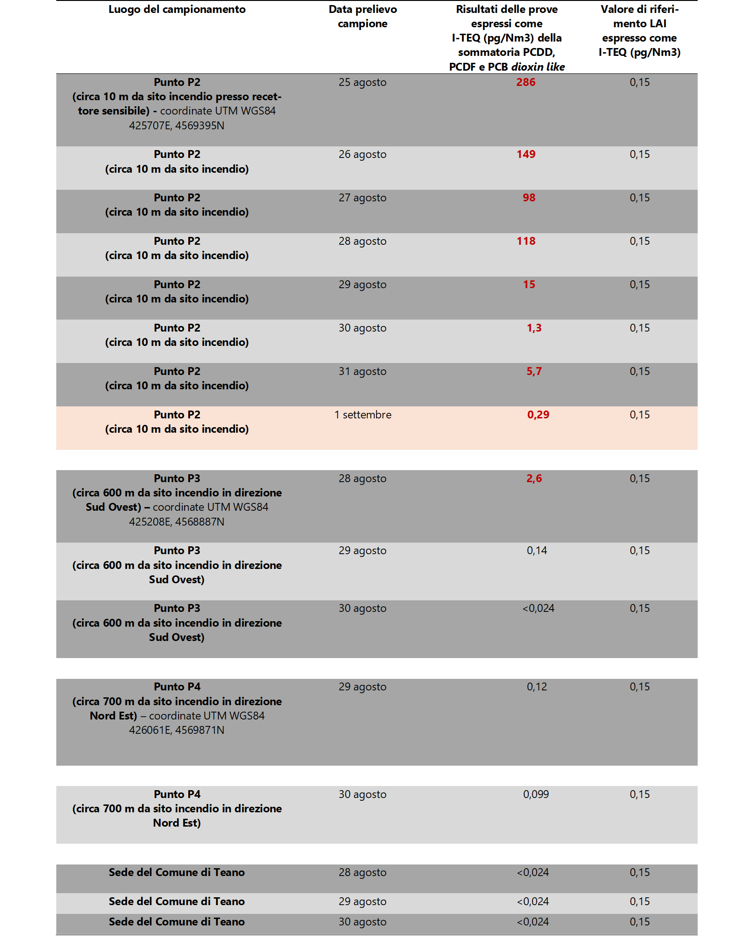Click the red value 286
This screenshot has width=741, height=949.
coord(526,82)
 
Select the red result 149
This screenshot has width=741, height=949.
coord(526,154)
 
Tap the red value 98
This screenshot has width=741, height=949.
coord(529,198)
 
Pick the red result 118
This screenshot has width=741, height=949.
coord(526,241)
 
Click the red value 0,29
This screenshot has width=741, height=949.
coord(538,415)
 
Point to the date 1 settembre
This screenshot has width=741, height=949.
coord(363,415)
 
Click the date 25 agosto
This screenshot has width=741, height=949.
coord(362,82)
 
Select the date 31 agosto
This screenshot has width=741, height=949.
coord(362,371)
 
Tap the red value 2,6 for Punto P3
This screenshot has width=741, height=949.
coord(534,478)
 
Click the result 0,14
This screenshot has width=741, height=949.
coord(537,550)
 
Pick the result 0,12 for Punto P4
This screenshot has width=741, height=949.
coord(537,687)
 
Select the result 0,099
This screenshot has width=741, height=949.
coord(536,794)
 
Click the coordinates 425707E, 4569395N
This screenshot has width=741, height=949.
coord(177,126)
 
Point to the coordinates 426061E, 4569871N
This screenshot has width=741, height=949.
coord(177,730)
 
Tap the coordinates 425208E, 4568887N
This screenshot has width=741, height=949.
coord(177,522)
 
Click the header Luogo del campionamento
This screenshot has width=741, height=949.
coord(177,9)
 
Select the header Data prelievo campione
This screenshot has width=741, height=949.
coord(362,17)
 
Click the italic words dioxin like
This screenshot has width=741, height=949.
coord(538,67)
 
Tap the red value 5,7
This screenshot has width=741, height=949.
coord(534,371)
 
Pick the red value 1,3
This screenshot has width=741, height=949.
coord(534,328)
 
